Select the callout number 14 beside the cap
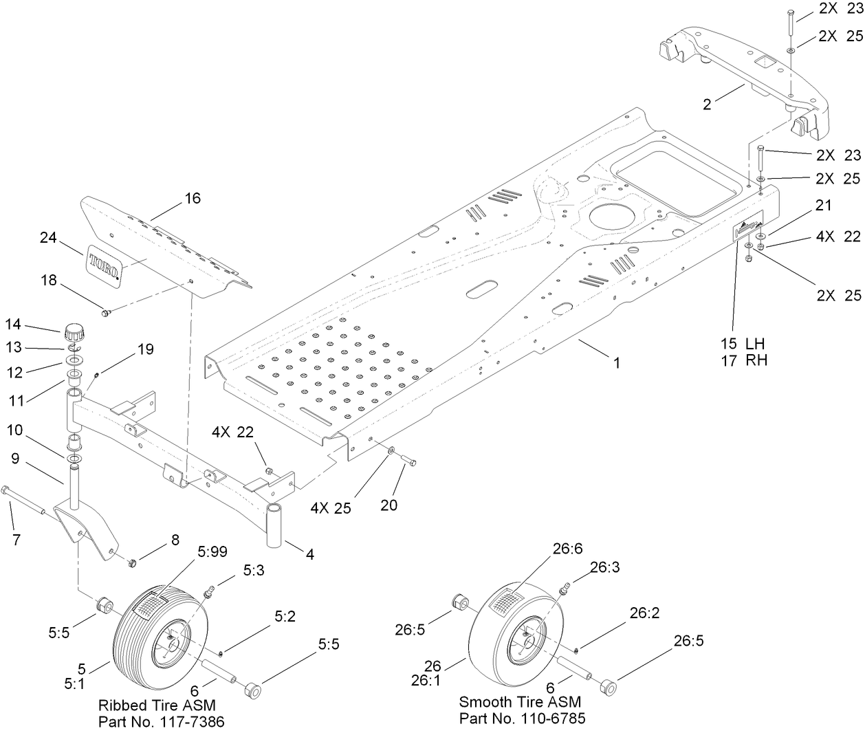pos(14,325)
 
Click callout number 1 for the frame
pos(617,362)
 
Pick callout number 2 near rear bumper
pos(707,104)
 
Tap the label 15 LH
pos(743,343)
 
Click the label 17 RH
pos(744,360)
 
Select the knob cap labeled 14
pos(73,333)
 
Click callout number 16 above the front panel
pos(193,198)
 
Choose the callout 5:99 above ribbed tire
pos(213,551)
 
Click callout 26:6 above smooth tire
pos(568,549)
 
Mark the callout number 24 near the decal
pos(47,237)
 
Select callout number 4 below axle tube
pos(310,554)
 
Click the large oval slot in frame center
pos(483,289)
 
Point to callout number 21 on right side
pos(823,205)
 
